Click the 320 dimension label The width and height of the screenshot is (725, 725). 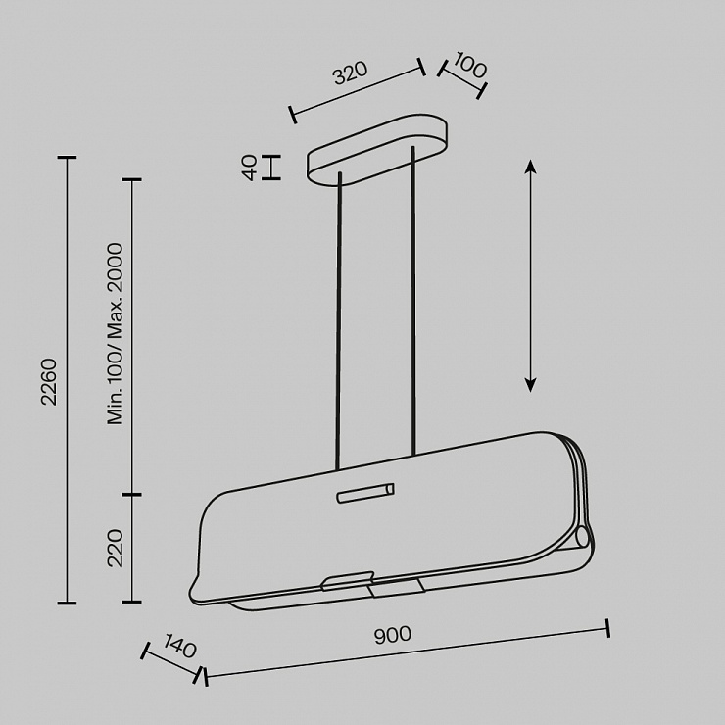point(351,72)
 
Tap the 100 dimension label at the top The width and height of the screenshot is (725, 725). point(470,66)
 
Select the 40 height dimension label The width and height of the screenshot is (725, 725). point(250,168)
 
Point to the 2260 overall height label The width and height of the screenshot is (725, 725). point(49,382)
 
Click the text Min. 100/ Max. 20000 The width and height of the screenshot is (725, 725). point(116,333)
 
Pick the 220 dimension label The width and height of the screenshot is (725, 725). point(116,549)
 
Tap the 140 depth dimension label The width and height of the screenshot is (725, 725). point(180,646)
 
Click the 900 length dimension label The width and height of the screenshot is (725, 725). point(393,635)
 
